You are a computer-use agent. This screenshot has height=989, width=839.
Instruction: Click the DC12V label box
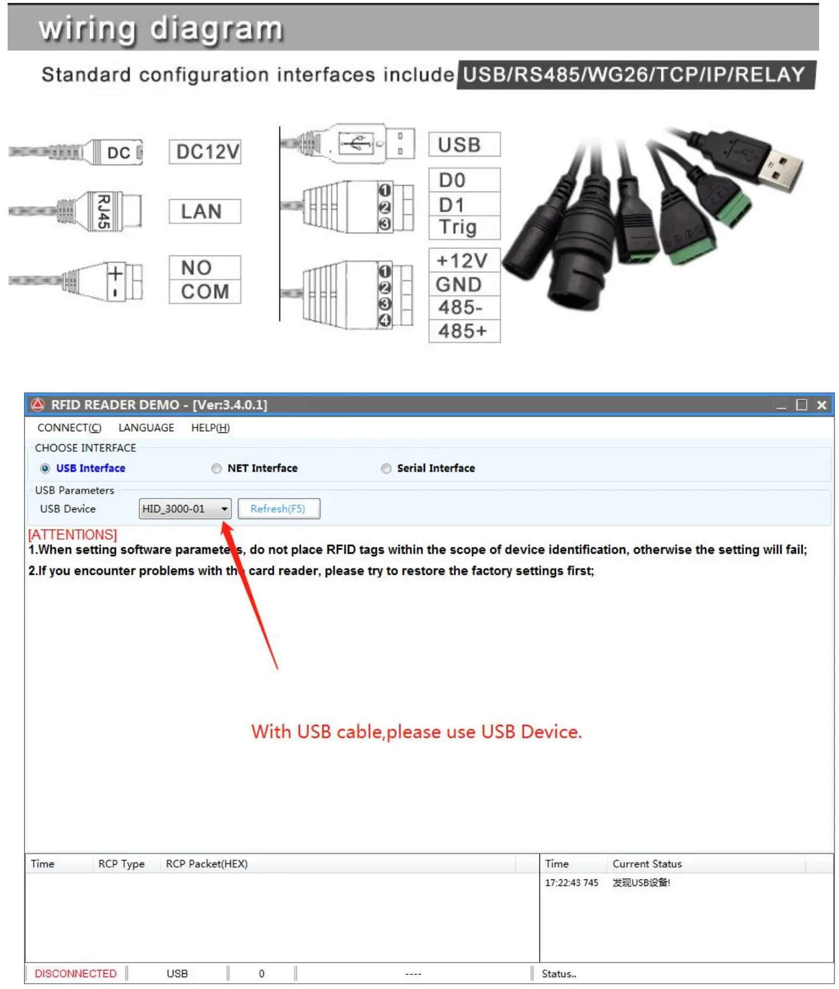tap(205, 152)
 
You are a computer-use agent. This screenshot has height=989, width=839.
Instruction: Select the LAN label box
tap(204, 212)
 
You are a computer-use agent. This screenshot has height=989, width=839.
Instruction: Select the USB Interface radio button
tap(45, 468)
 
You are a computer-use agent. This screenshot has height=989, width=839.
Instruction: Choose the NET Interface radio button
tap(217, 468)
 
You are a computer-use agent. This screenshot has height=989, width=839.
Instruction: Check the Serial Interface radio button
tap(386, 468)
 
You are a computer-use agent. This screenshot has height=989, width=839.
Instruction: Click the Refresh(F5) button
tap(278, 509)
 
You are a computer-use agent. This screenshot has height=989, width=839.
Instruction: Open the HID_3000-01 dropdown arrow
tap(224, 509)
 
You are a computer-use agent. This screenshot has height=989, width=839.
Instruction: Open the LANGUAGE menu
tap(146, 428)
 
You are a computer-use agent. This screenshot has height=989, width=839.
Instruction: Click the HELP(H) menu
tap(210, 428)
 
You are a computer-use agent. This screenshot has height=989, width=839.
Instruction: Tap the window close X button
tap(821, 405)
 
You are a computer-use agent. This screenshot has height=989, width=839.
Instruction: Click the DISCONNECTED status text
tap(76, 973)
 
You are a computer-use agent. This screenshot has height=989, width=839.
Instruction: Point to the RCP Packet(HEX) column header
tap(206, 864)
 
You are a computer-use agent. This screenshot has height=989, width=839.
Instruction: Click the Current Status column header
tap(647, 864)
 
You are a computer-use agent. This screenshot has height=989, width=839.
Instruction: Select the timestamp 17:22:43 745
tap(571, 882)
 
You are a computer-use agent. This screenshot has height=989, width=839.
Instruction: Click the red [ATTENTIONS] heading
tap(73, 534)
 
